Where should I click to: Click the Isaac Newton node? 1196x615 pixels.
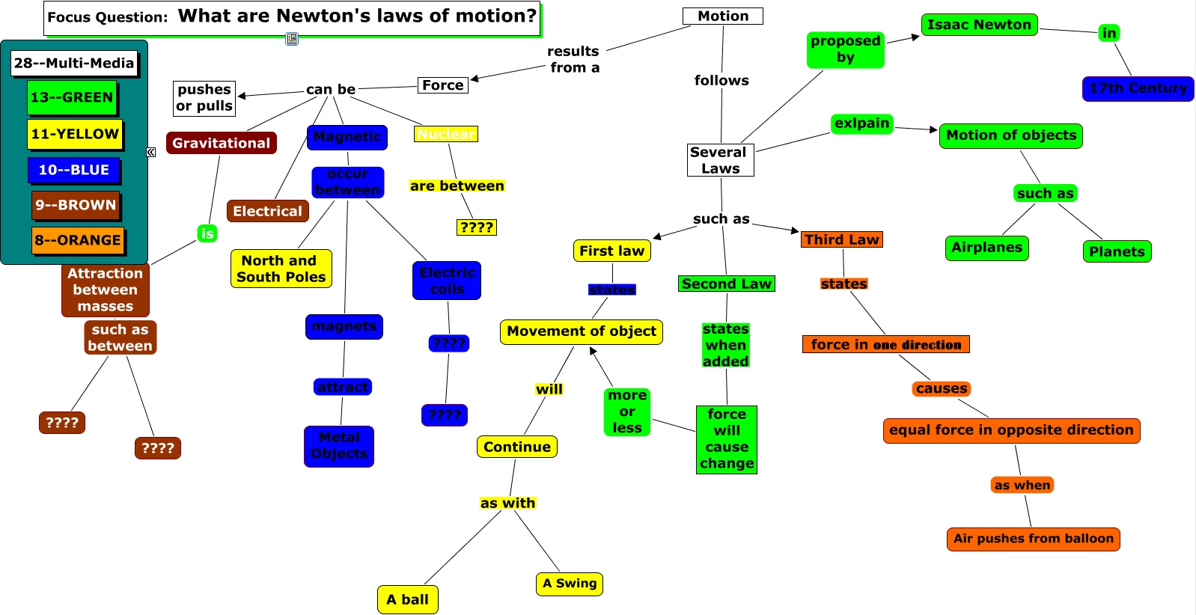point(979,25)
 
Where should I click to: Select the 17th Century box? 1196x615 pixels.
point(1138,88)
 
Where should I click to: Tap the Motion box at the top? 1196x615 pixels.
point(722,16)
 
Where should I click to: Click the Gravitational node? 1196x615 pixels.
point(221,143)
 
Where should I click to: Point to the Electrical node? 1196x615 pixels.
point(267,211)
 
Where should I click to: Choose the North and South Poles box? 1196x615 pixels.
point(281,269)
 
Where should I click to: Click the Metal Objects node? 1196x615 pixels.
point(339,446)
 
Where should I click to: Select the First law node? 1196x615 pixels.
point(611,251)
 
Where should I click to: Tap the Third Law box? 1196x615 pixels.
point(841,239)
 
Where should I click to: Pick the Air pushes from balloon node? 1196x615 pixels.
point(1033,539)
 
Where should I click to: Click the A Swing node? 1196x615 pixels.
point(570,584)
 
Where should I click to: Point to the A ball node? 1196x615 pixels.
point(407,599)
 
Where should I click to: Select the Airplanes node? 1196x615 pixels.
point(986,248)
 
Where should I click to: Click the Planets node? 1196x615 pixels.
point(1117,251)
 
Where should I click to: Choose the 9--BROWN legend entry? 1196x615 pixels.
point(76,205)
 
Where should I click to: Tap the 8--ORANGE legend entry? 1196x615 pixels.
point(78,240)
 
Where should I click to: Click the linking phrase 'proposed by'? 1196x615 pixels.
point(845,49)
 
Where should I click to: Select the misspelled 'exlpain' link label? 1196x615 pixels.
point(862,123)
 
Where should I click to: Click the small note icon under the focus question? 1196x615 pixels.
point(292,39)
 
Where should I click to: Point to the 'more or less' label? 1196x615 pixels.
point(627,411)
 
